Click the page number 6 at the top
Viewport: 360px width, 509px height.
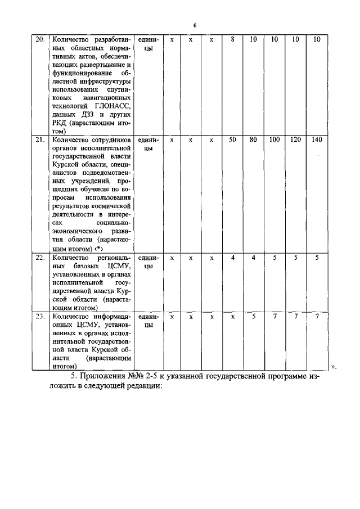[x=195, y=26]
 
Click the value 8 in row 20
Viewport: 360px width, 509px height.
[x=232, y=40]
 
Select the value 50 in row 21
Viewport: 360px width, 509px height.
[x=232, y=139]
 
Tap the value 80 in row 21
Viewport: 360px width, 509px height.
[x=253, y=139]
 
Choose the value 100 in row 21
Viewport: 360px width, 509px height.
[x=274, y=139]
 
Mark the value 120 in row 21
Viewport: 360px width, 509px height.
[x=296, y=139]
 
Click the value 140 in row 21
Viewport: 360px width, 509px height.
[x=317, y=139]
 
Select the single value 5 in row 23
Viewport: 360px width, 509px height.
[x=253, y=317]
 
